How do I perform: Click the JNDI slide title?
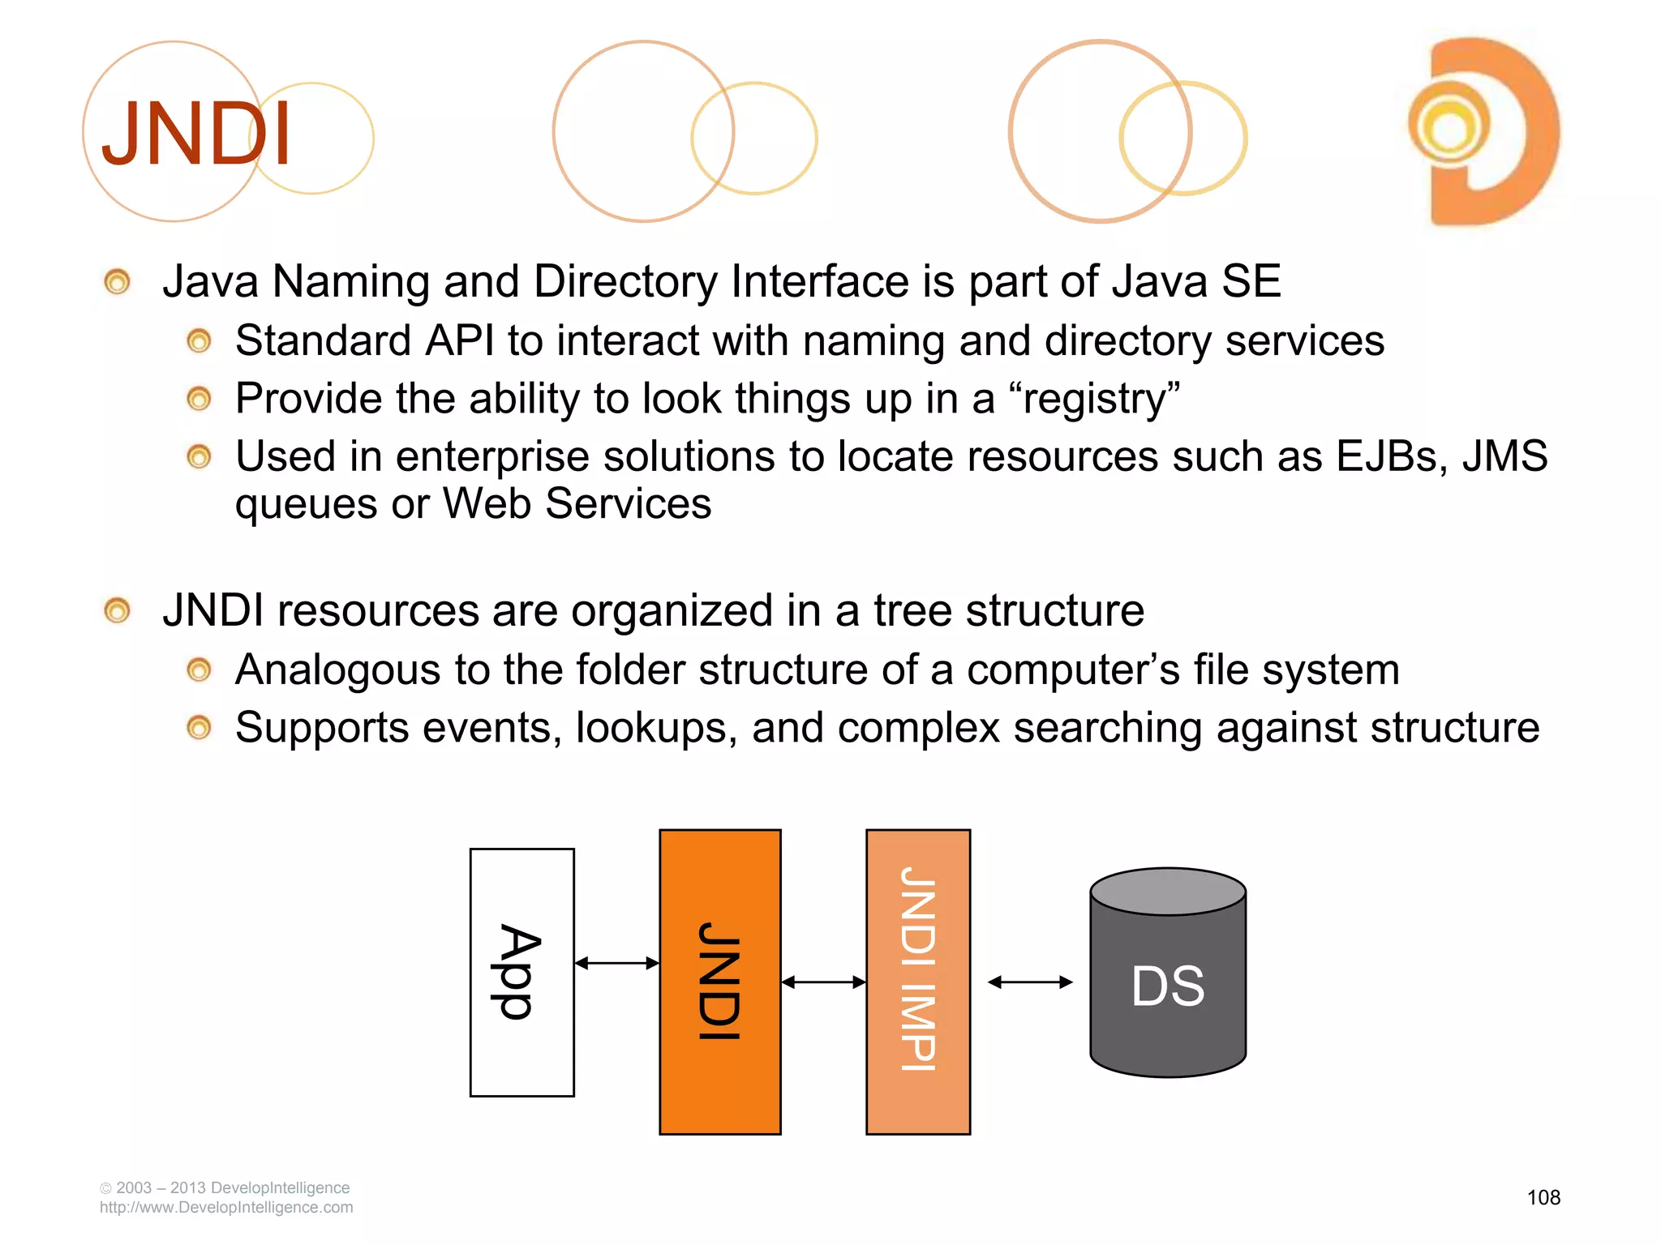(196, 134)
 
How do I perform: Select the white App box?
(521, 972)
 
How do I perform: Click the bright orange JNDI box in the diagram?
(719, 981)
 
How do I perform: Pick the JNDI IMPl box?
(918, 981)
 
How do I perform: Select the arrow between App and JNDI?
(616, 963)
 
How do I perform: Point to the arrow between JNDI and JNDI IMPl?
(823, 982)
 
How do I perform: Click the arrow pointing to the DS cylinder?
(1030, 982)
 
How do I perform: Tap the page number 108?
(1543, 1197)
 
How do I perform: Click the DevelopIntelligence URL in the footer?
(226, 1208)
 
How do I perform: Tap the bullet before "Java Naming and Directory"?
(118, 282)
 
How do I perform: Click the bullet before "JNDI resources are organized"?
(118, 610)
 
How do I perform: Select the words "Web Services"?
(577, 504)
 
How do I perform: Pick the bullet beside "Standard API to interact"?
(199, 341)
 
